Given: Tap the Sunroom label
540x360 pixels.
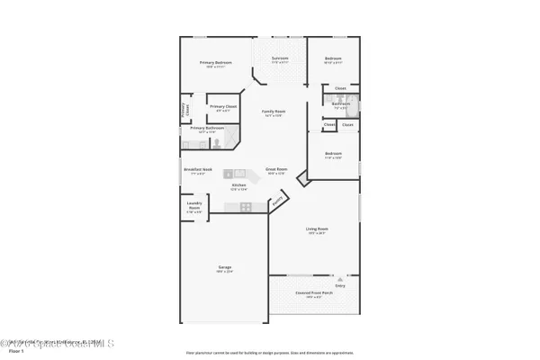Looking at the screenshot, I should click(x=280, y=59).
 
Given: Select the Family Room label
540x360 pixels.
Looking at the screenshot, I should click(x=273, y=112).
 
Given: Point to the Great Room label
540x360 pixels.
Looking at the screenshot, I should click(x=275, y=169).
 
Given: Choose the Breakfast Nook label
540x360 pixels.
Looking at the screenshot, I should click(x=197, y=169).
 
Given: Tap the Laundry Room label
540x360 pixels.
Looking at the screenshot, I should click(x=193, y=205).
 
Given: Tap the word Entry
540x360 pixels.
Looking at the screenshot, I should click(x=340, y=285).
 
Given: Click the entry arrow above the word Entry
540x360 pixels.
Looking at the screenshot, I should click(x=340, y=279).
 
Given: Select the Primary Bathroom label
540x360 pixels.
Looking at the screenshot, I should click(x=206, y=128).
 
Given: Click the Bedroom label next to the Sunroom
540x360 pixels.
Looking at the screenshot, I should click(x=333, y=59).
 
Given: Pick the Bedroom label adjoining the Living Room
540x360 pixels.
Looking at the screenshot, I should click(x=333, y=154).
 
